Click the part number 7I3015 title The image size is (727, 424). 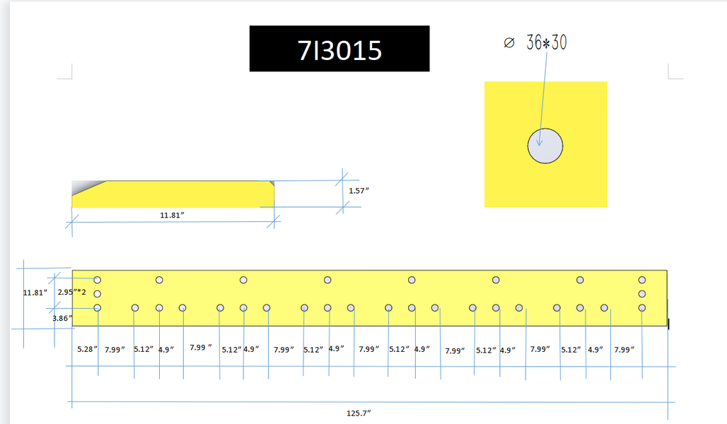point(339,50)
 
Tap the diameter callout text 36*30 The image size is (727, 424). point(546,42)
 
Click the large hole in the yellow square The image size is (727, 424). point(545,146)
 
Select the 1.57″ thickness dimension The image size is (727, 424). point(359,191)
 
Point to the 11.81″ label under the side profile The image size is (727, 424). point(172,215)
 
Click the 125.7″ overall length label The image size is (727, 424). point(359,413)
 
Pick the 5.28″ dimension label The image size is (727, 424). point(87,349)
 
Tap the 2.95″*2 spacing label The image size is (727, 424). point(72,292)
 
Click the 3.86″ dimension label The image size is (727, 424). point(62,318)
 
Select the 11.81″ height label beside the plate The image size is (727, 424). point(35,293)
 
